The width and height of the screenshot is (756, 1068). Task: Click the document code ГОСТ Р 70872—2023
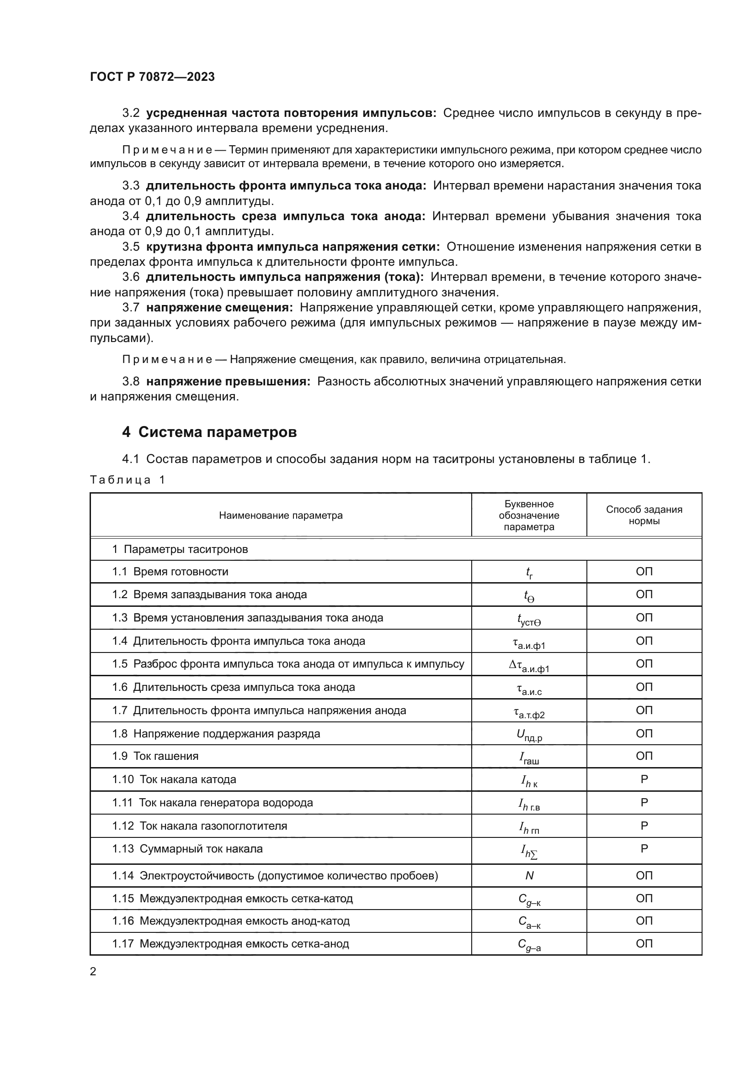(152, 77)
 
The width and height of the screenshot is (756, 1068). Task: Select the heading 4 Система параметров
(209, 432)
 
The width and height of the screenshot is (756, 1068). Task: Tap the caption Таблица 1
(128, 479)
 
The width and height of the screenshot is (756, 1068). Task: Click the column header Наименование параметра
(281, 516)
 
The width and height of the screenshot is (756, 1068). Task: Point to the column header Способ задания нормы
(644, 515)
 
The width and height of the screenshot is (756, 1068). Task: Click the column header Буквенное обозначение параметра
(529, 516)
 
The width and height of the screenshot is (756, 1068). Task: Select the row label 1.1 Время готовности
(170, 572)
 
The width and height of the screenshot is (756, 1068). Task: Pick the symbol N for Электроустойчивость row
(529, 876)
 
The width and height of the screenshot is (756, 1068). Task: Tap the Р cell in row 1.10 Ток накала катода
(644, 779)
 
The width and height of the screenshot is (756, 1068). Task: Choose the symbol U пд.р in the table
(529, 735)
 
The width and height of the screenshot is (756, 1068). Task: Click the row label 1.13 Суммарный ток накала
(187, 849)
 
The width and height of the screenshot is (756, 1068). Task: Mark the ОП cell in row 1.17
(644, 943)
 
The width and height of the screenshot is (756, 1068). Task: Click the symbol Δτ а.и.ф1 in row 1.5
(529, 666)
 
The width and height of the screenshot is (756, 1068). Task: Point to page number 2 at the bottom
(93, 972)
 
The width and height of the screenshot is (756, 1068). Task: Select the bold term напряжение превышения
(228, 381)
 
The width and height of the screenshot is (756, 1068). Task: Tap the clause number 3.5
(131, 247)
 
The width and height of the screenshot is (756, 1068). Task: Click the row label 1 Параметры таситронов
(180, 549)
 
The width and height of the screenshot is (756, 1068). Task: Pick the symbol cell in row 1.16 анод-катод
(529, 922)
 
